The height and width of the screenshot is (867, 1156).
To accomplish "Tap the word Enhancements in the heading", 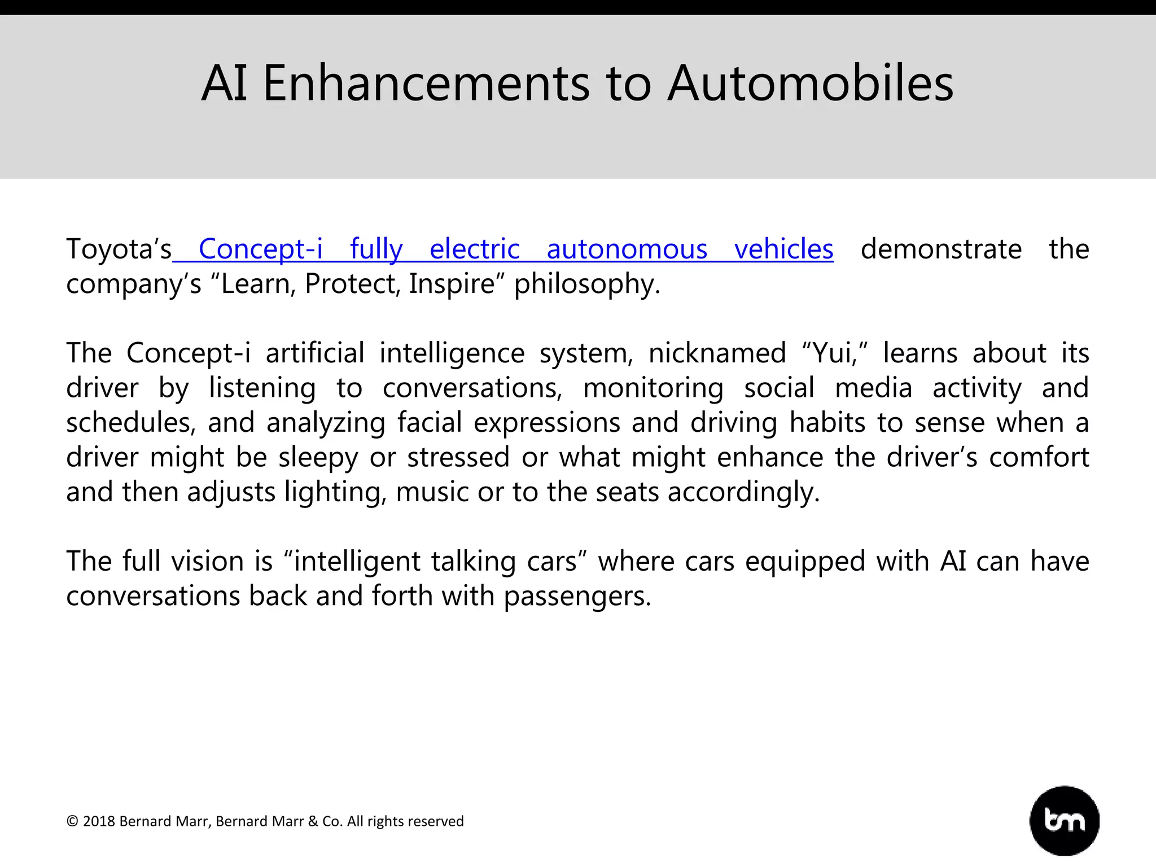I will point(426,84).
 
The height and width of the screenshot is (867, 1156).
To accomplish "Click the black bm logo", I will point(1064,821).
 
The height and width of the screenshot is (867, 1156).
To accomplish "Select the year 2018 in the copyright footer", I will point(99,821).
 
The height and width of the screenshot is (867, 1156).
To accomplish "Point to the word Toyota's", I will point(119,249).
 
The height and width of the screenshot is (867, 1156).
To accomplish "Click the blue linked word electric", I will point(474,249).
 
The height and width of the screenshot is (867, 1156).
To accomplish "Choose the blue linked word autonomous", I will point(627,249).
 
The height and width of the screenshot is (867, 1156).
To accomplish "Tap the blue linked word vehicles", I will point(783,249).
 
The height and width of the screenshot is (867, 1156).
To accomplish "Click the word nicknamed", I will point(717,353).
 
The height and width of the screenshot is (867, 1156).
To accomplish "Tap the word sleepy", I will point(318,458).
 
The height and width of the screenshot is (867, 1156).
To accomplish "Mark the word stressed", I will point(458,458).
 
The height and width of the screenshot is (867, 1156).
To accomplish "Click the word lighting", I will point(335,492).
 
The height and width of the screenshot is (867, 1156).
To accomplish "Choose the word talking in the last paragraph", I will point(473,562).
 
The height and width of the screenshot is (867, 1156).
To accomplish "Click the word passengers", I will point(577,597).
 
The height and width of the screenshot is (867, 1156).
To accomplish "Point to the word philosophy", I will point(587,284).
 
